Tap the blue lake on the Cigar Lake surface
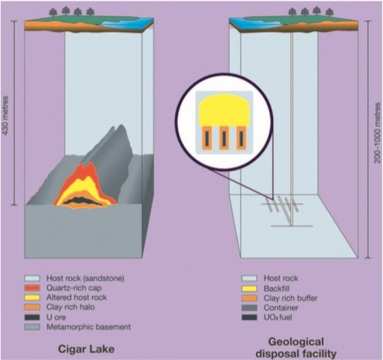coord(121,22)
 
